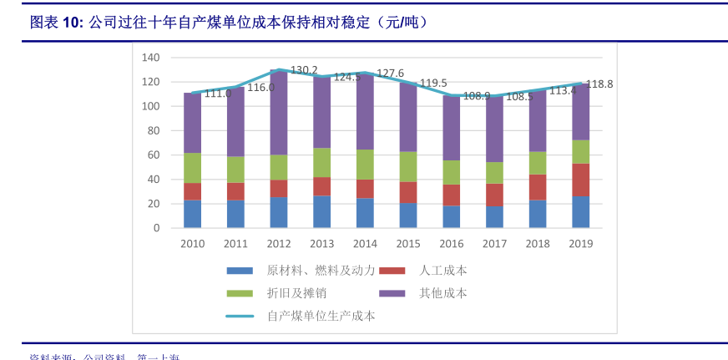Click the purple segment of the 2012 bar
(x=279, y=113)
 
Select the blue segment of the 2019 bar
(x=580, y=212)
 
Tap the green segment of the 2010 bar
(x=193, y=168)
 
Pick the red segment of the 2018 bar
(x=538, y=187)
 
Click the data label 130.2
(x=304, y=70)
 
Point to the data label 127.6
(x=390, y=74)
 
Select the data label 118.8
(x=599, y=84)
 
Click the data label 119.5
(x=433, y=83)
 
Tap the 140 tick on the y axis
(x=150, y=58)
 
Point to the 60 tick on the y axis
(x=154, y=155)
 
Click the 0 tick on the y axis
(x=156, y=228)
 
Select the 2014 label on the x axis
(x=365, y=244)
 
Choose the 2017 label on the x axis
(x=494, y=244)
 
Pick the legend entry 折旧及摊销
(x=296, y=293)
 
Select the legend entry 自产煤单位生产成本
(x=321, y=316)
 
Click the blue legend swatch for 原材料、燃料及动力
(x=240, y=271)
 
